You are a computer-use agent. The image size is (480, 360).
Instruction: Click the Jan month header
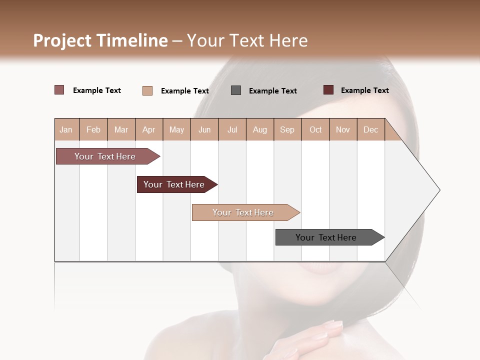click(66, 129)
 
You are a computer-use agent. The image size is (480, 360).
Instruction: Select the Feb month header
click(93, 129)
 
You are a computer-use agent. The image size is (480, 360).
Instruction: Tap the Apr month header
click(148, 129)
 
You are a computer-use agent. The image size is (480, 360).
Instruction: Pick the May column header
click(176, 129)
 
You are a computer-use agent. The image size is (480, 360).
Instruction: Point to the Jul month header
click(232, 129)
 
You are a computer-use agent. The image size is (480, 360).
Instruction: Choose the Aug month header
click(260, 129)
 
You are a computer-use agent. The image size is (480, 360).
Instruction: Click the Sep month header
click(287, 129)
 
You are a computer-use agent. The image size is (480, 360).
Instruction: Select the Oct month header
click(315, 129)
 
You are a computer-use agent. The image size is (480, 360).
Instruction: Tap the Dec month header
click(370, 129)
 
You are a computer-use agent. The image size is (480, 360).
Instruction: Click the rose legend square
click(59, 90)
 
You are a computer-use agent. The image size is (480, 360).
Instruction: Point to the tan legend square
click(147, 90)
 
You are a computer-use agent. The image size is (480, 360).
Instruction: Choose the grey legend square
click(236, 90)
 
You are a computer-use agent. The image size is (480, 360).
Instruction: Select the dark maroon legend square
click(328, 90)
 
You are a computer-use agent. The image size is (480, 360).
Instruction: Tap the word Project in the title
click(62, 40)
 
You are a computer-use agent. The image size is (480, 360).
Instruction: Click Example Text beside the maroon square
click(364, 90)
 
